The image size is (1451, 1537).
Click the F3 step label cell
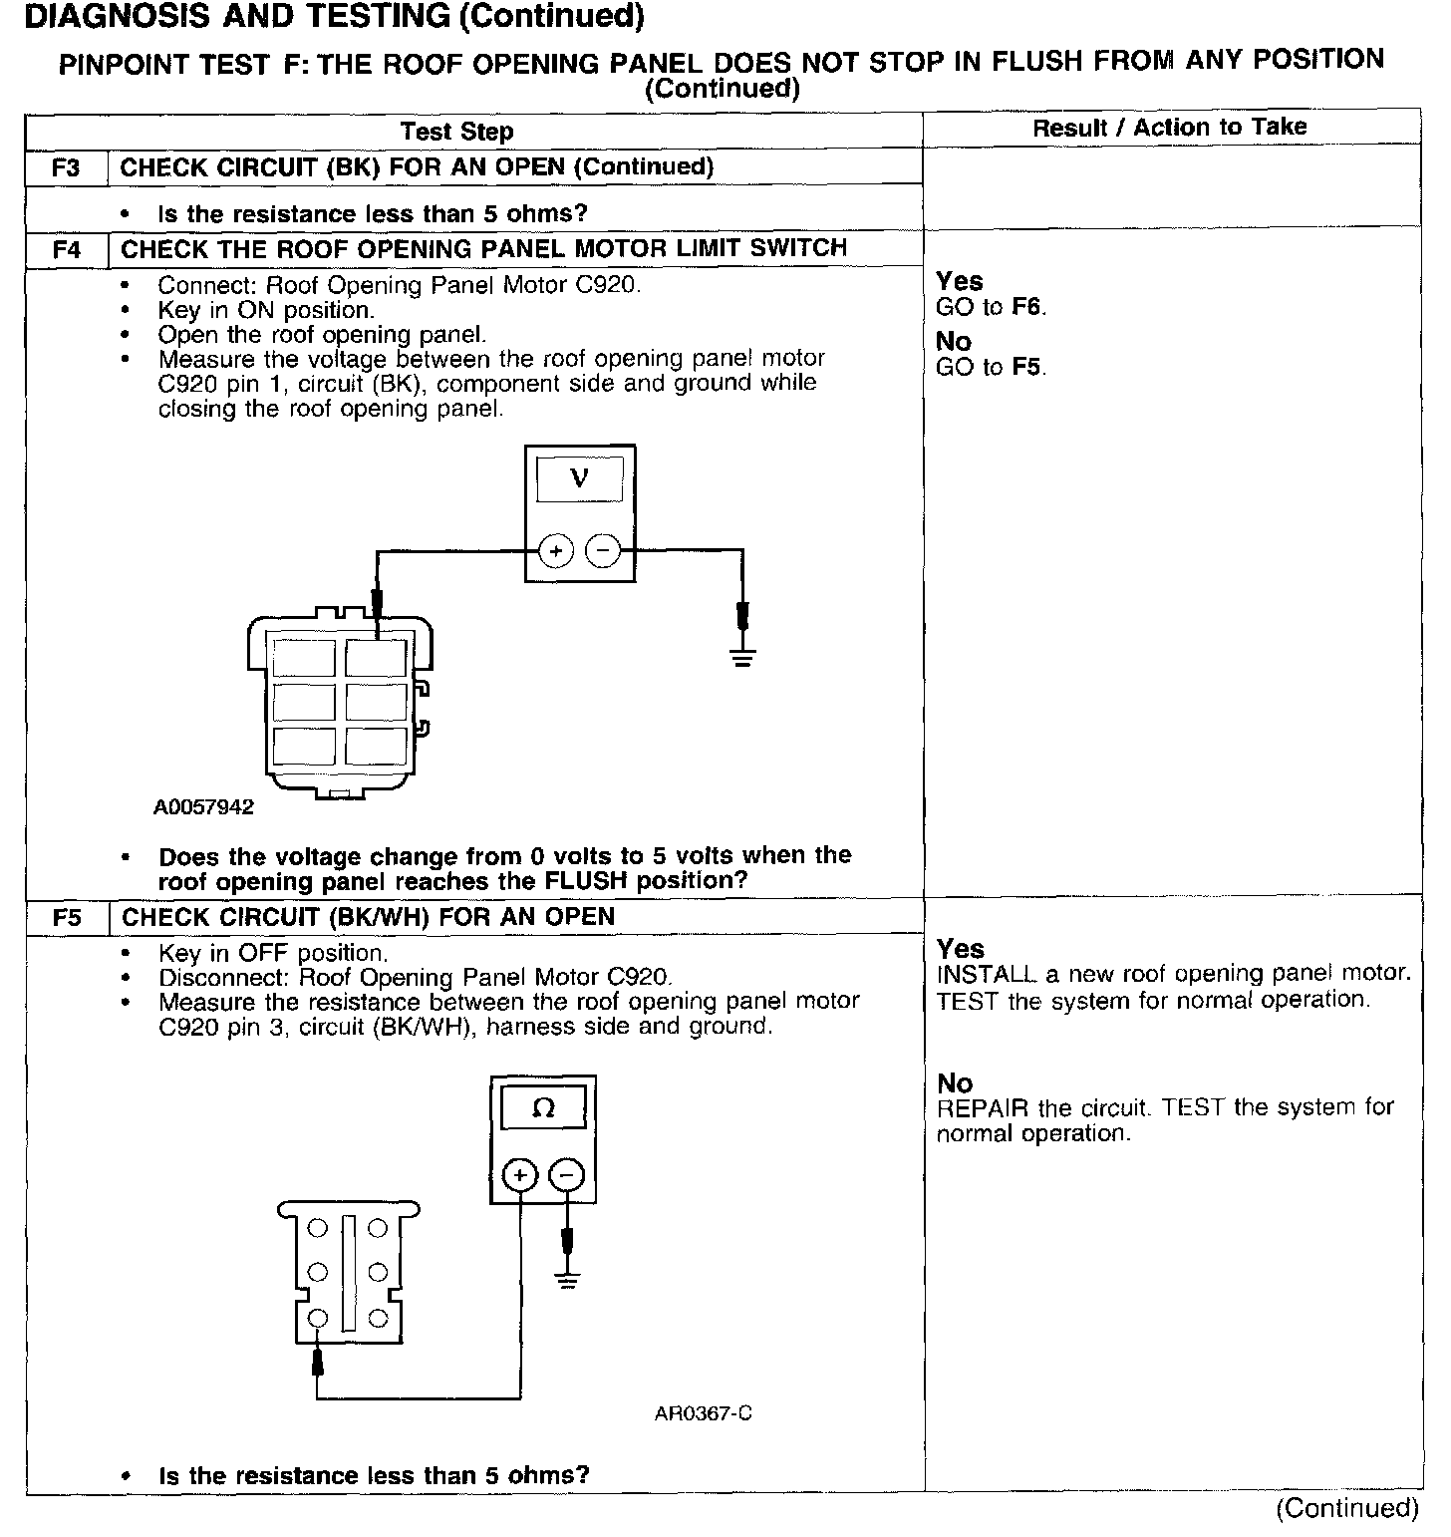click(66, 167)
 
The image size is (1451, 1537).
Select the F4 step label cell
click(66, 249)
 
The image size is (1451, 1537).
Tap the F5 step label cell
click(66, 917)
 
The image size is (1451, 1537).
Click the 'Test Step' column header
click(456, 132)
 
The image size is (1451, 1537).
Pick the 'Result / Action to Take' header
click(1169, 128)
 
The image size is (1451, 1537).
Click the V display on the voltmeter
click(580, 479)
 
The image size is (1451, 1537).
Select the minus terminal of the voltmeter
click(602, 550)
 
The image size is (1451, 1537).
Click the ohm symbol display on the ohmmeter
click(543, 1108)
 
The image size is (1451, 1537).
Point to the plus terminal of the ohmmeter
click(519, 1176)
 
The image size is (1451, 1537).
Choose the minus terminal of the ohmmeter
click(566, 1176)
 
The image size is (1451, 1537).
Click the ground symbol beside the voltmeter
click(741, 656)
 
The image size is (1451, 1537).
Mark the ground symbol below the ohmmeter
click(567, 1280)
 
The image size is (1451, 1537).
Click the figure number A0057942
click(203, 807)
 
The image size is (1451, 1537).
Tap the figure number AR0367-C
click(703, 1413)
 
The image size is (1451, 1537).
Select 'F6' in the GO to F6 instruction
click(1027, 307)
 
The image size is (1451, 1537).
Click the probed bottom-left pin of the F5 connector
click(318, 1319)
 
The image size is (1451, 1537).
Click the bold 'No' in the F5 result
click(955, 1082)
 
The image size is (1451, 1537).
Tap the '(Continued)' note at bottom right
click(1346, 1509)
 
